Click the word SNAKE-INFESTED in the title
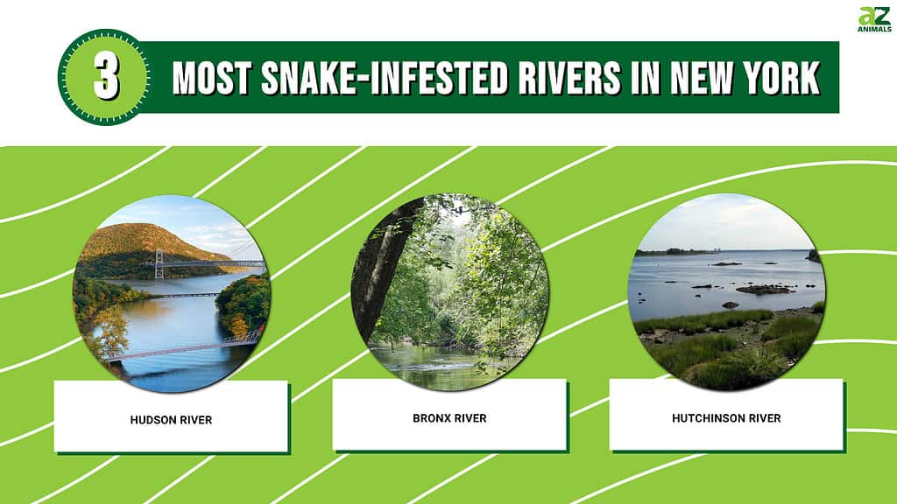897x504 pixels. [385, 78]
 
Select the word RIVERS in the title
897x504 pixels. [569, 78]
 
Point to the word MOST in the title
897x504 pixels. [212, 78]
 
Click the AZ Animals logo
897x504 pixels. [874, 19]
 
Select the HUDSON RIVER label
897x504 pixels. [171, 420]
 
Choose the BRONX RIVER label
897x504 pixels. [449, 418]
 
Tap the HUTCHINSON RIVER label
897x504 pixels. [726, 418]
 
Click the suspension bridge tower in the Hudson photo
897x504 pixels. [159, 264]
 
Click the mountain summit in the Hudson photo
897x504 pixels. [142, 228]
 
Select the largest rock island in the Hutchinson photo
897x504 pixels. [765, 290]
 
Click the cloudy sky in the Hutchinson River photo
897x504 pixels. [725, 223]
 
